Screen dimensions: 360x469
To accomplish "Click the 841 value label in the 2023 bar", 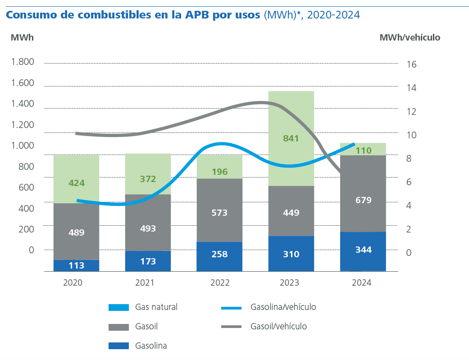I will [x=291, y=138].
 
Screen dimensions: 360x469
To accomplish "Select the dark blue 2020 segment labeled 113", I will [x=76, y=265].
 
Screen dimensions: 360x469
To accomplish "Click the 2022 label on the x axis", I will [x=220, y=283].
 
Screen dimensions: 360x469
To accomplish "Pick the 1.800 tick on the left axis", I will [x=23, y=62].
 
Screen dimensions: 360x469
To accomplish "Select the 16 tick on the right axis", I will [x=411, y=64].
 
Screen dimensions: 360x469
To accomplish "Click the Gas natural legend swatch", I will [x=119, y=308].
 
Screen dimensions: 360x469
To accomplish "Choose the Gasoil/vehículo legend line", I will [x=232, y=327].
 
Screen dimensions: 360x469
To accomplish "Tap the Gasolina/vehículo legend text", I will [x=283, y=307].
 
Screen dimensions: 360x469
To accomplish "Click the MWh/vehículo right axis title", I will [x=410, y=38].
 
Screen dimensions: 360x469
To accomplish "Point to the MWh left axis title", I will [x=22, y=37].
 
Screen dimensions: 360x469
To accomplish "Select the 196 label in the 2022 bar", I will [x=219, y=172].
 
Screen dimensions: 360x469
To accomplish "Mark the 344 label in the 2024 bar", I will [x=363, y=250].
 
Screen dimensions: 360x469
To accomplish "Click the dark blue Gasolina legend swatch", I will [x=119, y=346].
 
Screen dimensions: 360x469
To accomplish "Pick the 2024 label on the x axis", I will [x=362, y=283].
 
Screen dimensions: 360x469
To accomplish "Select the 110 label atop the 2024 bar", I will [x=363, y=150].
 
